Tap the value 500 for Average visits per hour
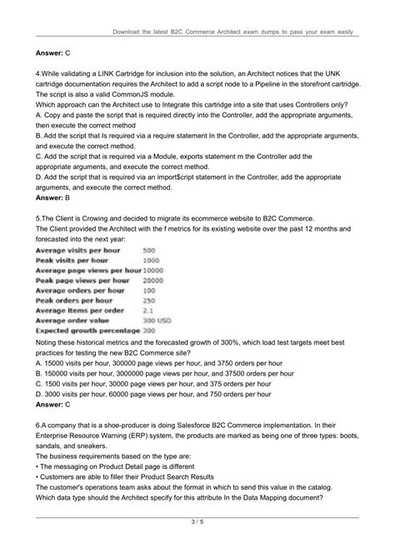pos(149,250)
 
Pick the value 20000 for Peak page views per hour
pos(153,281)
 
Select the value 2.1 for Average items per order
pos(148,310)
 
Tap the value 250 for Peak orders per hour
pos(149,300)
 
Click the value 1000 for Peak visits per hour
pos(151,260)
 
